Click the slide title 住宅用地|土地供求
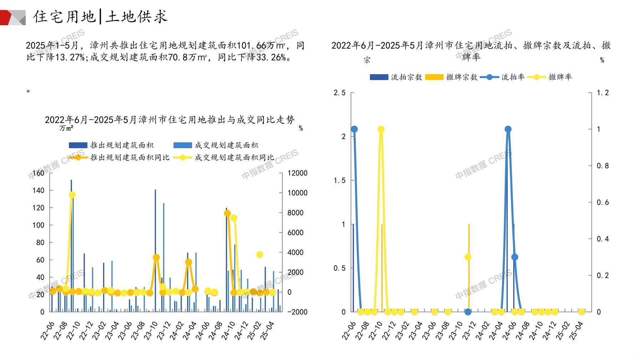coord(100,17)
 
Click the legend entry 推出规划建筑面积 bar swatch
coord(78,145)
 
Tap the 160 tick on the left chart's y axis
coord(39,173)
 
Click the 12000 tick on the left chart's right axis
coord(297,173)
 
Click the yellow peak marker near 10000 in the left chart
coord(72,195)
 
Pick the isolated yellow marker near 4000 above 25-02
coord(260,254)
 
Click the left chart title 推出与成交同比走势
coord(170,120)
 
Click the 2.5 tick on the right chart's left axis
coord(340,93)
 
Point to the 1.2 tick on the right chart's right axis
coord(603,93)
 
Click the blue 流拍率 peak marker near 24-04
coord(508,129)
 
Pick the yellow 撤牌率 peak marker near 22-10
coord(381,129)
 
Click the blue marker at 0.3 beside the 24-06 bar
coord(515,257)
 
